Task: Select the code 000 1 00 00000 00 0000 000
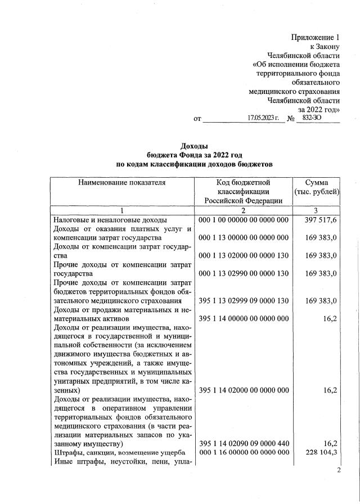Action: click(x=244, y=220)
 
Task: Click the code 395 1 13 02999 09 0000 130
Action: click(x=244, y=300)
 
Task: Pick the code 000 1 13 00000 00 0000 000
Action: click(x=244, y=238)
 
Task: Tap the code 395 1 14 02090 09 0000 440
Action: click(x=244, y=444)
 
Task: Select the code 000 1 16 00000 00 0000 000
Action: click(x=244, y=453)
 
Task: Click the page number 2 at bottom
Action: click(x=339, y=471)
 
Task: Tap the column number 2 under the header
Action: click(x=244, y=210)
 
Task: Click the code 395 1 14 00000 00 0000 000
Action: click(x=244, y=318)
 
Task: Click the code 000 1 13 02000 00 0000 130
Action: click(x=244, y=255)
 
